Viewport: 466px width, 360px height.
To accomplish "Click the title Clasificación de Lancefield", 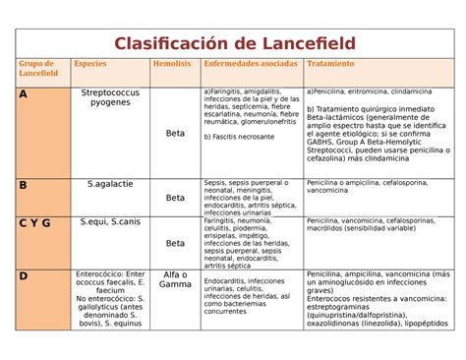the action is pos(233,43).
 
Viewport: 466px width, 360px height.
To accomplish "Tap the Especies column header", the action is pos(90,63).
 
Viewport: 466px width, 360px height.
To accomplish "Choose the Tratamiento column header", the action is pos(330,63).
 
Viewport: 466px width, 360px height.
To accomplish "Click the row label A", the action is pos(24,94).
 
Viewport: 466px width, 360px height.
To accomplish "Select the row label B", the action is pos(24,184).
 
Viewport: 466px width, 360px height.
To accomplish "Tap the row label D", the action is pos(24,274).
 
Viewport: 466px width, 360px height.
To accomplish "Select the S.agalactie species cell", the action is pos(109,184).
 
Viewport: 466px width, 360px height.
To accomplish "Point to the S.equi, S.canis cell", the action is pos(109,222).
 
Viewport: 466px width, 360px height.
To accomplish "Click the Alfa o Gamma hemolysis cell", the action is pos(175,279).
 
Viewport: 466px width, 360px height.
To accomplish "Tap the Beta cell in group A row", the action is pos(175,133).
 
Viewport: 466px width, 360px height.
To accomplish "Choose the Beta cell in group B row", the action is pos(175,198).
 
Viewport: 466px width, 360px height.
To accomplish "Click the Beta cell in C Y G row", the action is pos(175,243).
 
